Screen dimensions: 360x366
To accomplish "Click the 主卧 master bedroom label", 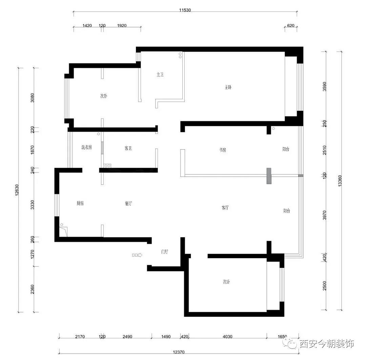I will [x=228, y=87].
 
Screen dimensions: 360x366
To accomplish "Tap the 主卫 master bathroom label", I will [x=160, y=75].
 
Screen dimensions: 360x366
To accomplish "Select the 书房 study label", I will [x=222, y=150].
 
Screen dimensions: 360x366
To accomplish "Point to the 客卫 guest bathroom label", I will [x=128, y=148].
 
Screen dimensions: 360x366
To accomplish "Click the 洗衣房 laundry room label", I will [x=86, y=147].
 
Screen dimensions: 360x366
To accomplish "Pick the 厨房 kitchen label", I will [x=80, y=204].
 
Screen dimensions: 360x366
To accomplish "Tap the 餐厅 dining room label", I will [x=128, y=204].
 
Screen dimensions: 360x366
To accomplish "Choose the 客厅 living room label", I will [x=225, y=208].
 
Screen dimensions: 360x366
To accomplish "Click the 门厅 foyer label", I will [x=165, y=252].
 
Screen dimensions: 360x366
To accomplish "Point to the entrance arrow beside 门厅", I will [x=137, y=255].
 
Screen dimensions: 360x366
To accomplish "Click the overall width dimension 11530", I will [x=185, y=10].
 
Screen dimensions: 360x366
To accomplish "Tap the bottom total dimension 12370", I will [x=179, y=352].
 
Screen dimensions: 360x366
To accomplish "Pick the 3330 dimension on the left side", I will [x=33, y=205].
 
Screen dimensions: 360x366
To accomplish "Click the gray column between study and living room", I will [x=269, y=176].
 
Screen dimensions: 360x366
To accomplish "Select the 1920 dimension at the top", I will [x=122, y=26].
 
